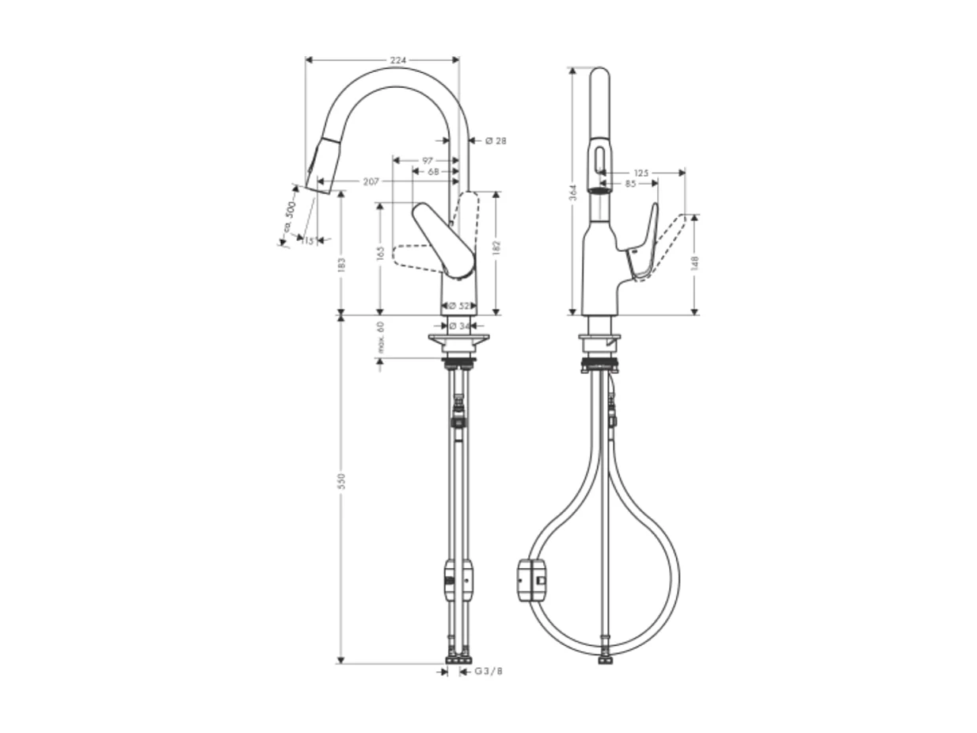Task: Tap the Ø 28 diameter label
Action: [495, 141]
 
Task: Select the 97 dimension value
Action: [428, 161]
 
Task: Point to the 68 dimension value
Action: [433, 171]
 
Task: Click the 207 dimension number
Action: [371, 182]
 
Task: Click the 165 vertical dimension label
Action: [380, 253]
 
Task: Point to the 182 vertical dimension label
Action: [496, 248]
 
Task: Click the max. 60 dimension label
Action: [380, 337]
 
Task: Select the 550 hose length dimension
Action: [341, 481]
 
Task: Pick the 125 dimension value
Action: [641, 173]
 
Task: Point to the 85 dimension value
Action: [630, 184]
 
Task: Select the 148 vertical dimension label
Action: [694, 263]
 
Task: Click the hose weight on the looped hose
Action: [531, 580]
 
